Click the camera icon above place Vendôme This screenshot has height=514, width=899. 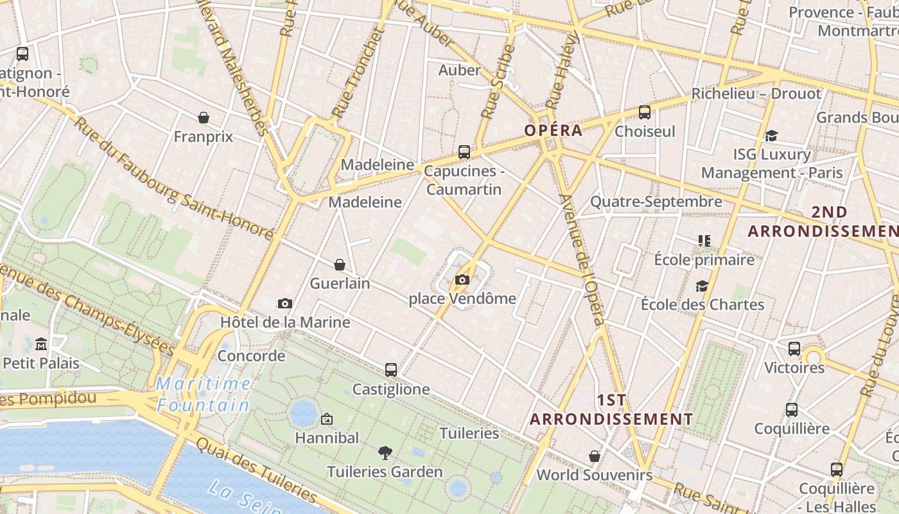(x=462, y=279)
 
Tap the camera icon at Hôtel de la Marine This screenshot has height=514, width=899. (x=285, y=303)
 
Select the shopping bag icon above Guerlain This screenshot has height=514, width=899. (x=340, y=265)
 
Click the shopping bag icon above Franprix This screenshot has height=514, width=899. (x=204, y=118)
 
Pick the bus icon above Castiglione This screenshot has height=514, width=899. (x=390, y=370)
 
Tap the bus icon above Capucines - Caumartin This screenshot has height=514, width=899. (x=464, y=152)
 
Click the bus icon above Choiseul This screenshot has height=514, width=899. (x=645, y=112)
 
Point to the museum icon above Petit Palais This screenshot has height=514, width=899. (x=41, y=344)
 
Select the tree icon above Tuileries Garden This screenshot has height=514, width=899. (x=385, y=453)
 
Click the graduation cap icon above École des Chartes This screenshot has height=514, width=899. (x=702, y=286)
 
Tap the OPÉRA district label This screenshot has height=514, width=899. (x=554, y=130)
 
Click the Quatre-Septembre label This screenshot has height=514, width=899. (x=656, y=202)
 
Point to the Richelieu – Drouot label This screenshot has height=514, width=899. (x=756, y=94)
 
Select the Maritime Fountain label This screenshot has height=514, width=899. (x=204, y=394)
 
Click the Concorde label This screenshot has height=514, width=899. (x=251, y=355)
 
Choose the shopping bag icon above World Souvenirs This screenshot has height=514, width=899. (x=595, y=456)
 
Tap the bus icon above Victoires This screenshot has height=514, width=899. (x=794, y=349)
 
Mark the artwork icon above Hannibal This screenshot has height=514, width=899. (x=327, y=419)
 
